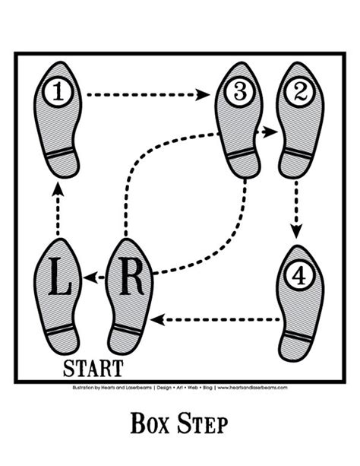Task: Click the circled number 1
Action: tap(59, 94)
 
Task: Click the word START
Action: tap(93, 369)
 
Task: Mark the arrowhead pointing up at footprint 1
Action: tap(58, 192)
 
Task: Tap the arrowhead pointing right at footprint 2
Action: tap(269, 132)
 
